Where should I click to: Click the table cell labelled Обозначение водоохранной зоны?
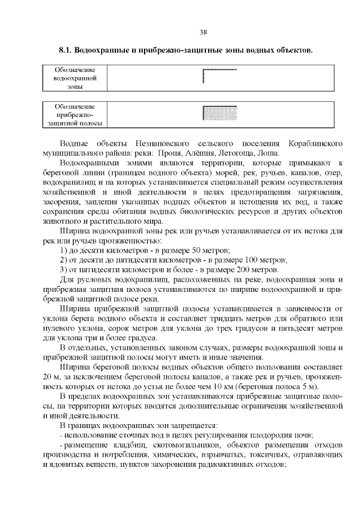pyautogui.click(x=75, y=78)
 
